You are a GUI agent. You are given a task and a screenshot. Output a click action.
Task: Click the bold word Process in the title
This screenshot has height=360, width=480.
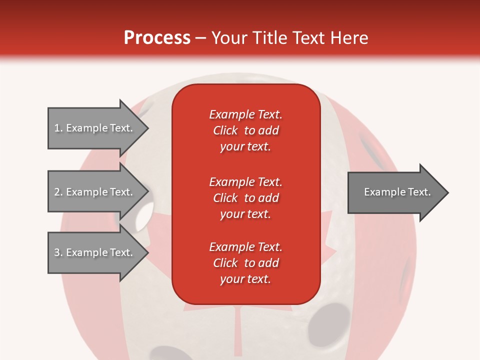tap(157, 38)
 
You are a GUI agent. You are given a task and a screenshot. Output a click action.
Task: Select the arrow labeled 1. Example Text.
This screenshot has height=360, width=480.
tap(95, 128)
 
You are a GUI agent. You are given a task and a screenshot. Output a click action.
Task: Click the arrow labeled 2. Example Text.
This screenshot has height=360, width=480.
tap(95, 192)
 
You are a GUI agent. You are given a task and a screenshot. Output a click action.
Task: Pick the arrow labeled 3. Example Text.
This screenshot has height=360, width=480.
tap(95, 252)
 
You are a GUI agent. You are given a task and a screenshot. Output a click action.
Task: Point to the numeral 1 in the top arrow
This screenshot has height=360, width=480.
tap(56, 128)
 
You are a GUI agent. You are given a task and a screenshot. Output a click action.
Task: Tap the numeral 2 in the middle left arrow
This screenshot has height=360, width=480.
tap(57, 192)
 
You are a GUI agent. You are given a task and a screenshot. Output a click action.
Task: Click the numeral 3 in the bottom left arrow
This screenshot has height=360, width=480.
tap(57, 252)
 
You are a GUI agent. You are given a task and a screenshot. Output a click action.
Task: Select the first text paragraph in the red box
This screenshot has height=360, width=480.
tap(245, 130)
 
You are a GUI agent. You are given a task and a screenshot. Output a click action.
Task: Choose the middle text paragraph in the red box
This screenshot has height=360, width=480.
tap(245, 198)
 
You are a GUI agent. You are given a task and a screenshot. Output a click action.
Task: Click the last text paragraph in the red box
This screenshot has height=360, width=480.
tap(245, 263)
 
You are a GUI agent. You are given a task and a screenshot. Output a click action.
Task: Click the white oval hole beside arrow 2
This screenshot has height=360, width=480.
tap(143, 214)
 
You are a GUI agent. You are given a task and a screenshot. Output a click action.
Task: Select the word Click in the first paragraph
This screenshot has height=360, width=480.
tap(225, 130)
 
